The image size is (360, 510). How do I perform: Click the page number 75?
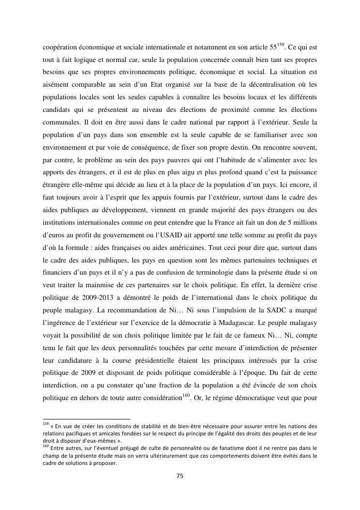(x=180, y=476)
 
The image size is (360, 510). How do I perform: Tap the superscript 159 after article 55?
(x=281, y=46)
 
